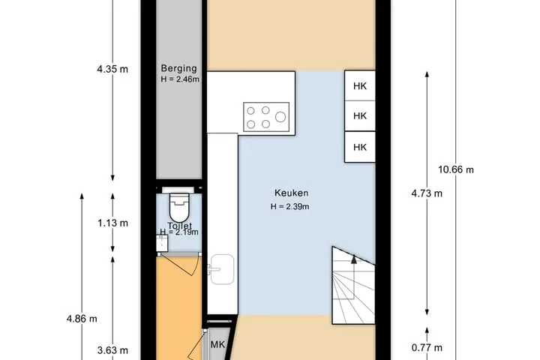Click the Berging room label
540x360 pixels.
(178, 68)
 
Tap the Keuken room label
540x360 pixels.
(291, 193)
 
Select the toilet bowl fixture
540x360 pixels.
(179, 208)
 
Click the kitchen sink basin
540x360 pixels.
(222, 269)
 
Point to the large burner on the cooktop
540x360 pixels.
(280, 117)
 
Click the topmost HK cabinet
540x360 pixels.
(360, 85)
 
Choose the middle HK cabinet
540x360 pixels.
(360, 116)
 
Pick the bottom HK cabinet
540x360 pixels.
(360, 147)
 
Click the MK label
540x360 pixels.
(217, 344)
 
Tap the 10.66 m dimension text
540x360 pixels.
(456, 169)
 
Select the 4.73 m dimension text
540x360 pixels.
(427, 193)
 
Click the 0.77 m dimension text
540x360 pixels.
(427, 347)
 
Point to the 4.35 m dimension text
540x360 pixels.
(112, 69)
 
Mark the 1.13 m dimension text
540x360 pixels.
(112, 223)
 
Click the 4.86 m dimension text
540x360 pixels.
(82, 319)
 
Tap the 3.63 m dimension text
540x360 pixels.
(112, 350)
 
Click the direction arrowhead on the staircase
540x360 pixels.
(354, 259)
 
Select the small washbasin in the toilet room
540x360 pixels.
(162, 243)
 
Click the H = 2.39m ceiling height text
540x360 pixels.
(289, 207)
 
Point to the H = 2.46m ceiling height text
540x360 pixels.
(180, 79)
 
